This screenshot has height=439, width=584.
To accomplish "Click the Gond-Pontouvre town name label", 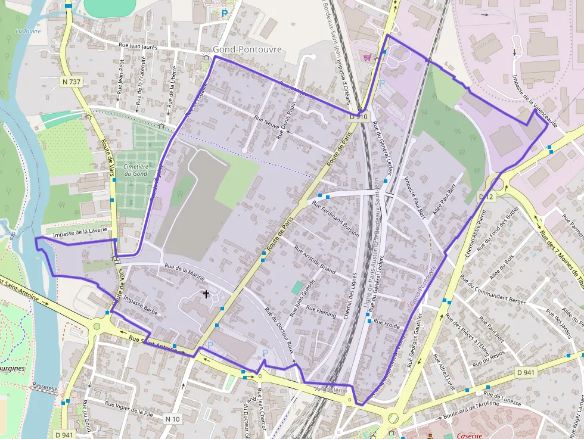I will tap(247, 49).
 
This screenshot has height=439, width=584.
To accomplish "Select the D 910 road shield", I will tap(359, 118).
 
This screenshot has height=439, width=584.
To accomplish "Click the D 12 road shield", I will tap(486, 197).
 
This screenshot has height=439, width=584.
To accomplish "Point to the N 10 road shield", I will tap(172, 419).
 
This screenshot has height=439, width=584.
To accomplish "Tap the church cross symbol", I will tap(206, 294).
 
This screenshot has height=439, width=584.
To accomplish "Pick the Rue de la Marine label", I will tap(184, 272).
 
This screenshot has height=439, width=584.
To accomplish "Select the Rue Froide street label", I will tap(388, 325).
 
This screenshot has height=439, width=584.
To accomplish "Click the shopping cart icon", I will tap(367, 57).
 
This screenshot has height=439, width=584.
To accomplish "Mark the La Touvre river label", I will tap(28, 31).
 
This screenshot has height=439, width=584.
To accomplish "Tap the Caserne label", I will tap(469, 435).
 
